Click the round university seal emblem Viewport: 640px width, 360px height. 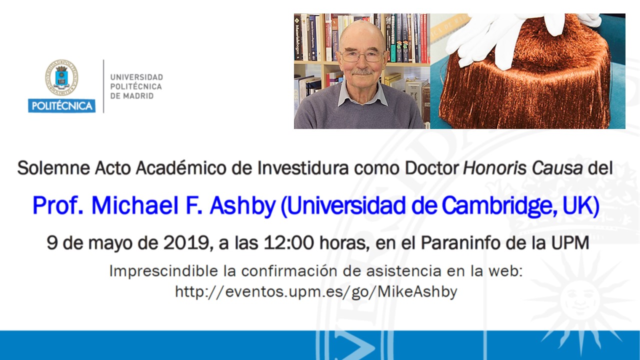point(61,77)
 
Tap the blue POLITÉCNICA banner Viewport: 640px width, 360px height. point(61,105)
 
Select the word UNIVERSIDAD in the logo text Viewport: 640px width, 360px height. point(136,77)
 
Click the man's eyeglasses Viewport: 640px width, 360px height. point(362,56)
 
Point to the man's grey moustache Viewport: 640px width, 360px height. point(362,71)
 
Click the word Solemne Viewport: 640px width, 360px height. point(53,167)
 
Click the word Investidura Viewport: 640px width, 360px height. point(303,167)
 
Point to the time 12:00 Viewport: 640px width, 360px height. point(288,243)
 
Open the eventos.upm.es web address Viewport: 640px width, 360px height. point(316,292)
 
